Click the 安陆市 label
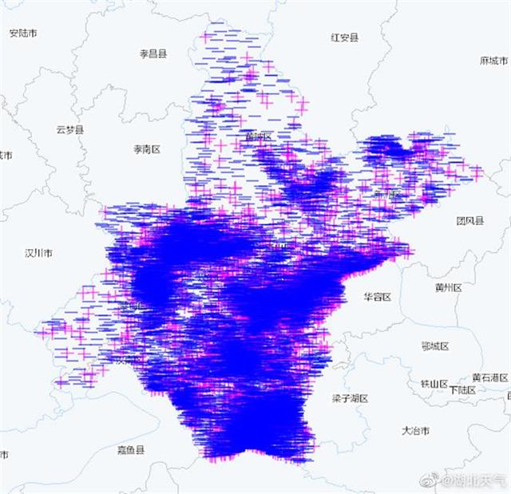point(22,33)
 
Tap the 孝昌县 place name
point(153,53)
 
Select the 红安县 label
point(345,37)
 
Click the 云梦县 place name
point(70,129)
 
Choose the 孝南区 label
point(147,149)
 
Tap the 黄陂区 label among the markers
point(258,136)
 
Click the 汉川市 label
point(38,253)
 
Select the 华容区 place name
point(377,296)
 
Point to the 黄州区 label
point(449,287)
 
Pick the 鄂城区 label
point(435,346)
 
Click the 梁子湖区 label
point(349,397)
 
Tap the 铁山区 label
point(434,384)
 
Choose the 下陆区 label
point(462,390)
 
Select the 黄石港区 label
point(489,377)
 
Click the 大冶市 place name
point(415,430)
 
